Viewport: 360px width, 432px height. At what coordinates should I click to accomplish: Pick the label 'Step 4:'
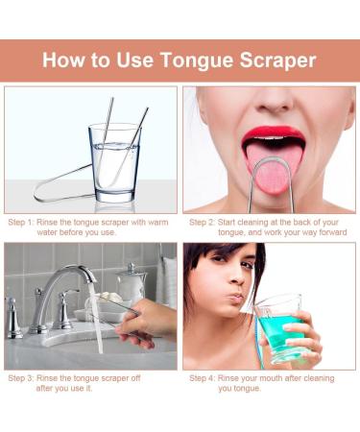203,378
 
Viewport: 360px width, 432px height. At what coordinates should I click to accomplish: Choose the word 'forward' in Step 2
325,232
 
